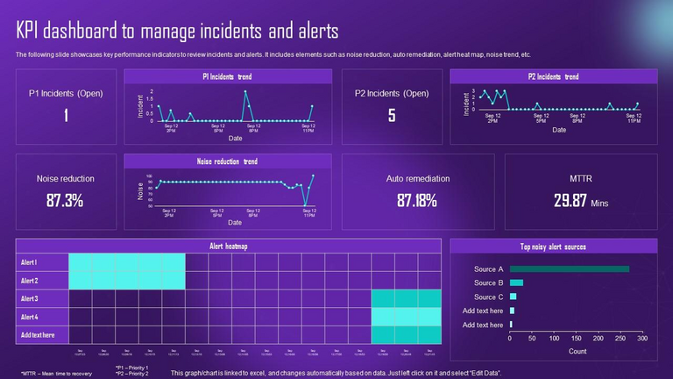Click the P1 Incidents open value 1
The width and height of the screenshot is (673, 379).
click(66, 115)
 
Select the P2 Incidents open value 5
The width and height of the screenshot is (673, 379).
click(392, 115)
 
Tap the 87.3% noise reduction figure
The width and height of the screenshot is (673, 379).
click(66, 200)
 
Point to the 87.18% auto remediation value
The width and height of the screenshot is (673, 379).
click(417, 200)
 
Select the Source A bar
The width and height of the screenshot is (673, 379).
click(570, 269)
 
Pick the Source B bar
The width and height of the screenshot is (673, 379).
click(516, 282)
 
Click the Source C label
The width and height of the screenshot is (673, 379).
click(488, 297)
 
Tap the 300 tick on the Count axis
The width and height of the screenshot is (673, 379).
click(641, 339)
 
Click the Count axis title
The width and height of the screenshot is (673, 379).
click(577, 351)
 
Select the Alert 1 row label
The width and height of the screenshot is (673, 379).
click(30, 262)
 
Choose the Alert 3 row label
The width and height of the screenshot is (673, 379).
click(30, 298)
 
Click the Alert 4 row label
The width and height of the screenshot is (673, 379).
click(30, 317)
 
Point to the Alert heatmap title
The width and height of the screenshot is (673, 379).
click(229, 247)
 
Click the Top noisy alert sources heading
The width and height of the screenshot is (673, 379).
click(553, 247)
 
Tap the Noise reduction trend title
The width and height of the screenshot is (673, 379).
click(228, 161)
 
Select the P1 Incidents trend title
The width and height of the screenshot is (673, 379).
click(227, 77)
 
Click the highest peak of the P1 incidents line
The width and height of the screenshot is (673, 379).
click(245, 91)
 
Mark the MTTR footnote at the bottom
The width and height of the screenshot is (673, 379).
click(57, 372)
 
